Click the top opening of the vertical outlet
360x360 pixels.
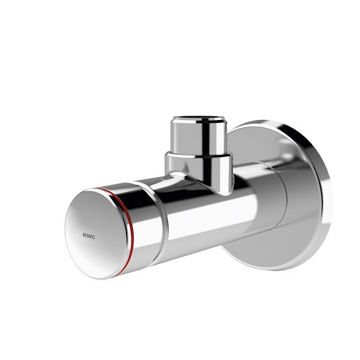(198, 119)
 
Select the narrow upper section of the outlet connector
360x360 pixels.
(198, 137)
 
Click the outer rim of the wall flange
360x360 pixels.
(324, 192)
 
